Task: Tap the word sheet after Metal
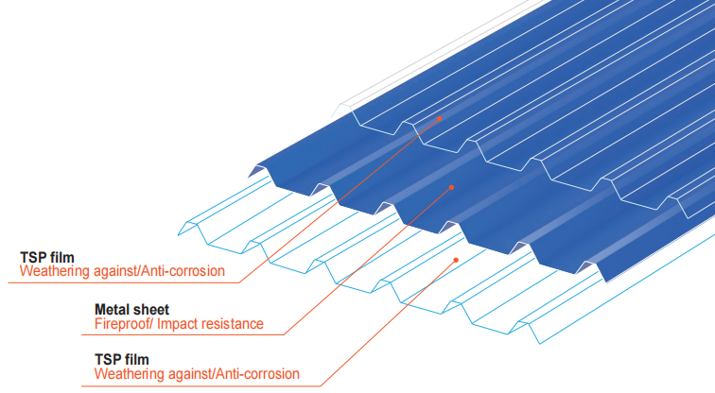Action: (151, 309)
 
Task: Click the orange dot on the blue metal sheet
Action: (452, 187)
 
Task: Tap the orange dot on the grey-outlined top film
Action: (440, 119)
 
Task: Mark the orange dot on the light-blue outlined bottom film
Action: (456, 259)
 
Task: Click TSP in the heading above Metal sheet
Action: (32, 256)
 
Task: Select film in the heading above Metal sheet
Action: (60, 256)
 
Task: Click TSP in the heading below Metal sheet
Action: (108, 359)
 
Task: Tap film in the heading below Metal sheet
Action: (135, 359)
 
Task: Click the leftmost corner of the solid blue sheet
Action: (249, 176)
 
